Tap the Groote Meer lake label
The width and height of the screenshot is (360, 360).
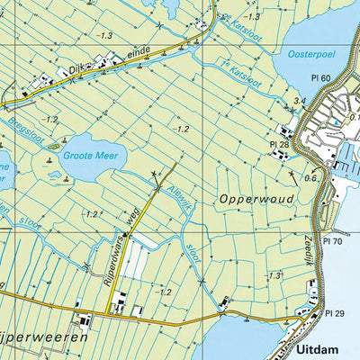(x=87, y=154)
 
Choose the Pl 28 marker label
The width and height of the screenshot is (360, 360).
(x=278, y=144)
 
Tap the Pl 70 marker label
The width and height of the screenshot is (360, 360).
(x=333, y=241)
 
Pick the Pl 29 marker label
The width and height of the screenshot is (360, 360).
(x=335, y=312)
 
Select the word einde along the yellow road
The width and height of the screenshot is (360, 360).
(x=139, y=54)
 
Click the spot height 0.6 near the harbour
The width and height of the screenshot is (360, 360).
(x=311, y=178)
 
